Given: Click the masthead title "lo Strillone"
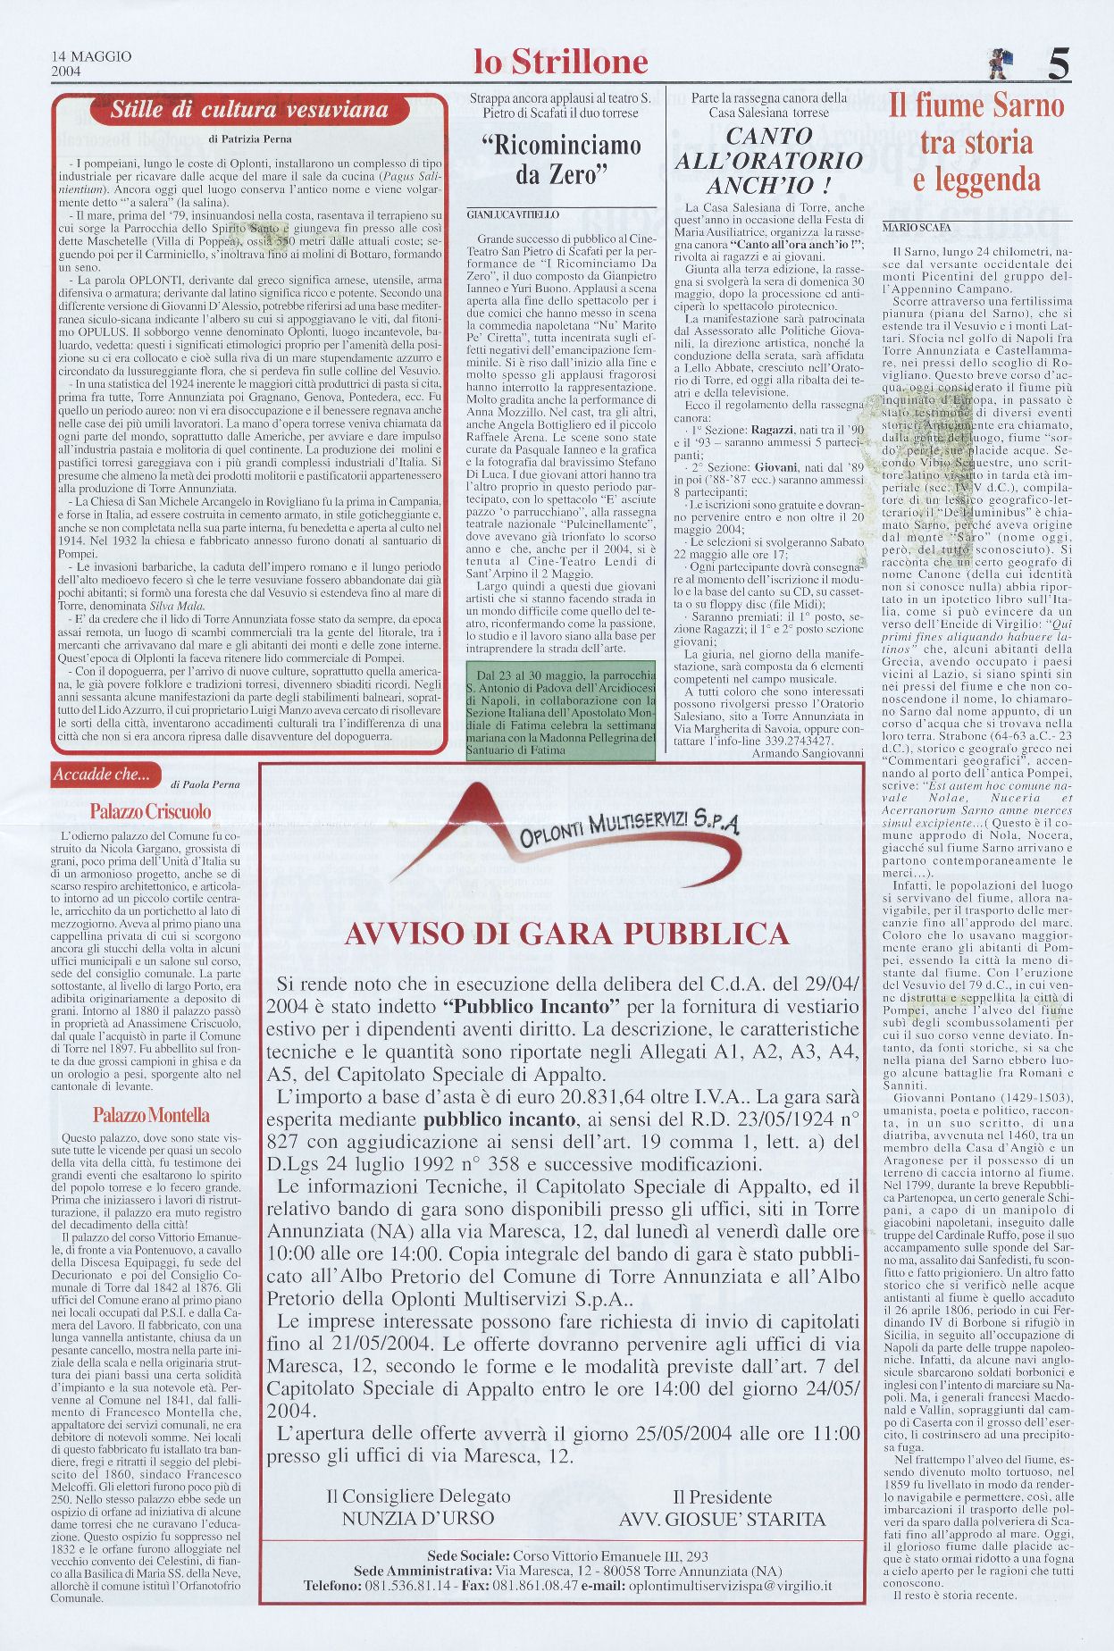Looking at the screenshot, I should click(560, 62).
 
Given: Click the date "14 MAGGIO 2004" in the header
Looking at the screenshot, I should click(91, 63).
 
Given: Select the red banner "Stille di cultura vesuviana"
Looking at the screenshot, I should click(249, 111).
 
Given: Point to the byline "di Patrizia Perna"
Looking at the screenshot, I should click(249, 138).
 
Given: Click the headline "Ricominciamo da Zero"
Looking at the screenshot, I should click(561, 159).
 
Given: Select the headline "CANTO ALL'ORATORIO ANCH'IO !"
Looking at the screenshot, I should click(767, 161).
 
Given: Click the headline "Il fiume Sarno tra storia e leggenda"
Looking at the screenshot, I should click(976, 143).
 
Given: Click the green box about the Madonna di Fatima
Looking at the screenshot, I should click(560, 710).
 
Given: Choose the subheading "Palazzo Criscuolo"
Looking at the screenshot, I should click(150, 811).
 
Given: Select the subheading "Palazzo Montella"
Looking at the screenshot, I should click(151, 1115).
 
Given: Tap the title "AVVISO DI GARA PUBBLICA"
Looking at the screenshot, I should click(566, 934).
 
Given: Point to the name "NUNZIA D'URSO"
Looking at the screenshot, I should click(417, 1518).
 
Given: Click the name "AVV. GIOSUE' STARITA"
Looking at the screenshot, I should click(722, 1518).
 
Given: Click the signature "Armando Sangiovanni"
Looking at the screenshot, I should click(808, 753).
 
